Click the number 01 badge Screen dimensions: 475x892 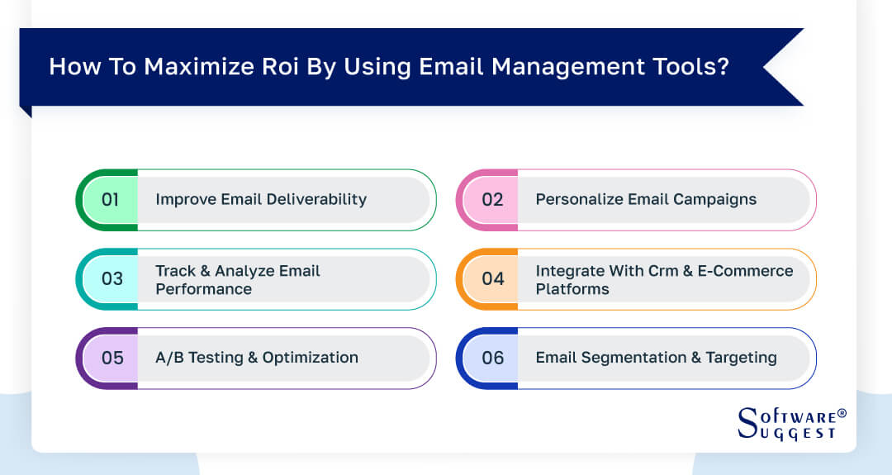111,200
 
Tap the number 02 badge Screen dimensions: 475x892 492,200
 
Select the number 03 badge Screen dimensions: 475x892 111,279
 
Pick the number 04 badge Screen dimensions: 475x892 492,279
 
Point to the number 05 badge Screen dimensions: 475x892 111,359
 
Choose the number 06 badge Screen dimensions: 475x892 492,359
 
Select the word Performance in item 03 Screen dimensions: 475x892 204,289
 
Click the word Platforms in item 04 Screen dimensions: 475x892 572,289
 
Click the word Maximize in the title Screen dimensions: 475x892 183,67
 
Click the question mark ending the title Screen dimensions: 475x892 724,67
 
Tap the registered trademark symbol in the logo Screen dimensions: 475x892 842,412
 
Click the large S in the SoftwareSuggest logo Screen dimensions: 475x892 747,422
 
